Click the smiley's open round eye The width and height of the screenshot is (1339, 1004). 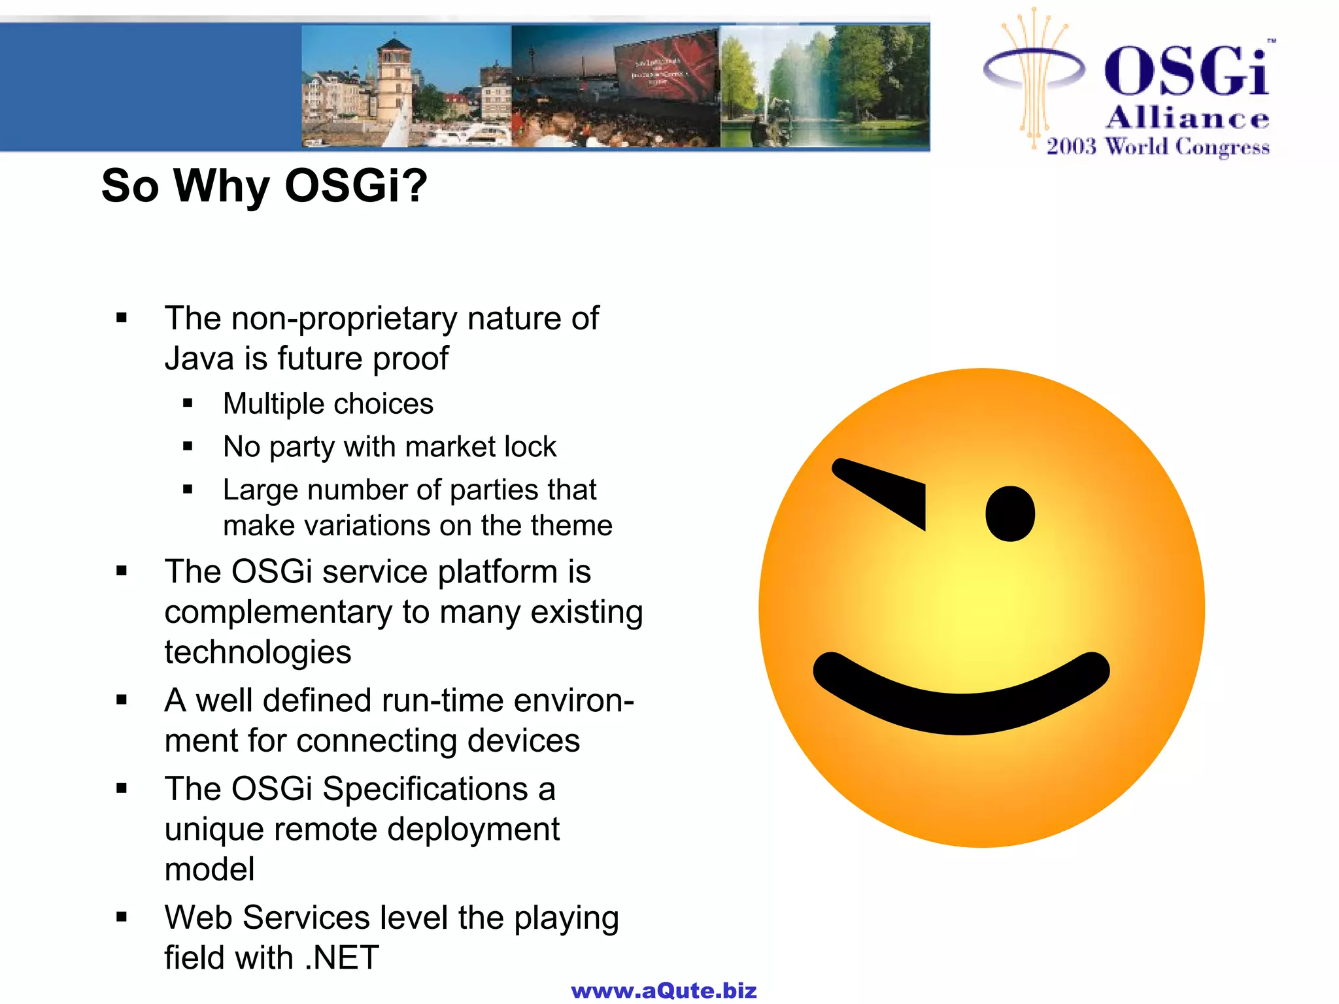[x=1010, y=514]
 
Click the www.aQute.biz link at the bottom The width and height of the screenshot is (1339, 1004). [x=664, y=990]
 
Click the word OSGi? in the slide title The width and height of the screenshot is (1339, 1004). [x=356, y=186]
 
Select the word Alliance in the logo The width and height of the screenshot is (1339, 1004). [x=1187, y=118]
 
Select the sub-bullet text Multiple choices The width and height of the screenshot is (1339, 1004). [x=328, y=404]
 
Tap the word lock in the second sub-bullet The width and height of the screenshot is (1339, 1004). [x=530, y=447]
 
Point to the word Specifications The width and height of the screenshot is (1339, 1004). [x=425, y=789]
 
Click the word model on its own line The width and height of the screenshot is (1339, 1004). [x=209, y=869]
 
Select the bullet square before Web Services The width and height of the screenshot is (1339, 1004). [x=122, y=917]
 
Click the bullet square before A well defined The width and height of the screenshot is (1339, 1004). [x=122, y=700]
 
